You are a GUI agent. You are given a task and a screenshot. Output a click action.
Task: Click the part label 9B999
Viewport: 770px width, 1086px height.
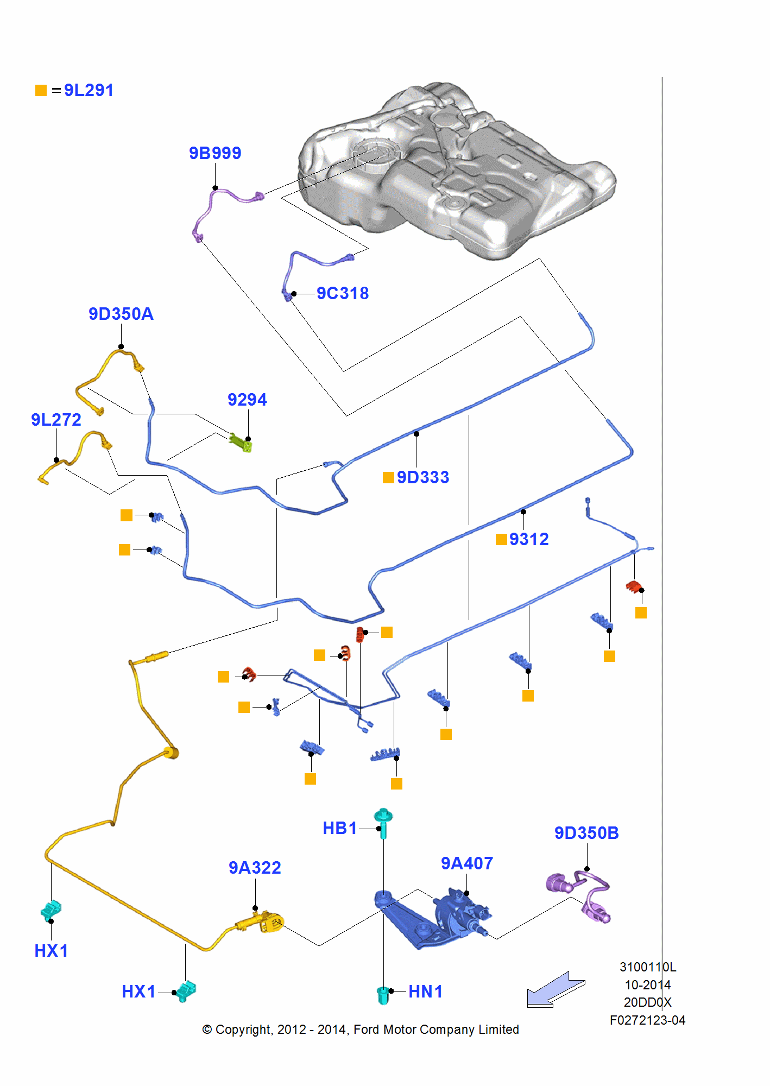pos(215,153)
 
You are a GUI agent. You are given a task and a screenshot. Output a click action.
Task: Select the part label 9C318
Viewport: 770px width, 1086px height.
pos(343,293)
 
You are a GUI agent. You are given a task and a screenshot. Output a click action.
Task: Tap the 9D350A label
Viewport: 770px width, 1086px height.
pos(121,314)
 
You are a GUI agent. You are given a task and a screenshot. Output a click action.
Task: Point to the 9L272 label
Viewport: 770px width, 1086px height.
pos(56,420)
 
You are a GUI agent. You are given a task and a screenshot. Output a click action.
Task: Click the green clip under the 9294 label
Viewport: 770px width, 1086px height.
pos(241,442)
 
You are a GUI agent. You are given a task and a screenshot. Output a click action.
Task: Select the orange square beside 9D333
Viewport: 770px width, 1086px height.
pos(388,477)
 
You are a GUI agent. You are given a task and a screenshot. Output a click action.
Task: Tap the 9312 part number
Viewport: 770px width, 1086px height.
pos(528,539)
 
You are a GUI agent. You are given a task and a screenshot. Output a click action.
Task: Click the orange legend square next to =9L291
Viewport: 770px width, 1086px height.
pos(41,90)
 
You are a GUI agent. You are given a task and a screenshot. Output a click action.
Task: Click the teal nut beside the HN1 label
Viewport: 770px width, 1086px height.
pos(383,995)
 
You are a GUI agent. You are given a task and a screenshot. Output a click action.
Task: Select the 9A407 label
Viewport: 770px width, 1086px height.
pos(466,863)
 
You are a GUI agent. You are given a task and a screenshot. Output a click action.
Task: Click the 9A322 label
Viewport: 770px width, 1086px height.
pos(255,868)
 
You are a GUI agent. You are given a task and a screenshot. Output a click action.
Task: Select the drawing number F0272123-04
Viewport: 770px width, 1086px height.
pos(647,1020)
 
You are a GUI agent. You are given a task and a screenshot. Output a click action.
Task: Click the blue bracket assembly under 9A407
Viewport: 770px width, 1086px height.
pos(434,918)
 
